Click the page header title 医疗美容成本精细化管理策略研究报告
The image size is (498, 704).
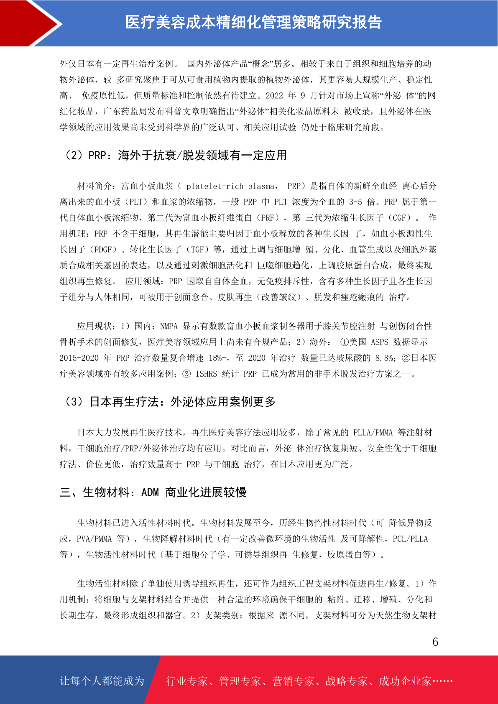pyautogui.click(x=253, y=23)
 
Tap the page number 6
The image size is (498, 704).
pyautogui.click(x=435, y=642)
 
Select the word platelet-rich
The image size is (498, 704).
pyautogui.click(x=215, y=186)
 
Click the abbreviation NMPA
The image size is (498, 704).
pyautogui.click(x=169, y=326)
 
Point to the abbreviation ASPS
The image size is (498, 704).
pyautogui.click(x=380, y=342)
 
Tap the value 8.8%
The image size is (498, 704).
pyautogui.click(x=384, y=358)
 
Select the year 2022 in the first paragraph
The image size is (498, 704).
pyautogui.click(x=274, y=96)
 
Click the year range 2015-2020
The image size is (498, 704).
pyautogui.click(x=79, y=358)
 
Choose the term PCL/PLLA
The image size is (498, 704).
pyautogui.click(x=410, y=539)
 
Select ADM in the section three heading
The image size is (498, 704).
pyautogui.click(x=150, y=492)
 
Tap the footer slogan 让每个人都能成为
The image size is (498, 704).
pyautogui.click(x=102, y=681)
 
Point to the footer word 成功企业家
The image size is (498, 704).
pyautogui.click(x=405, y=681)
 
